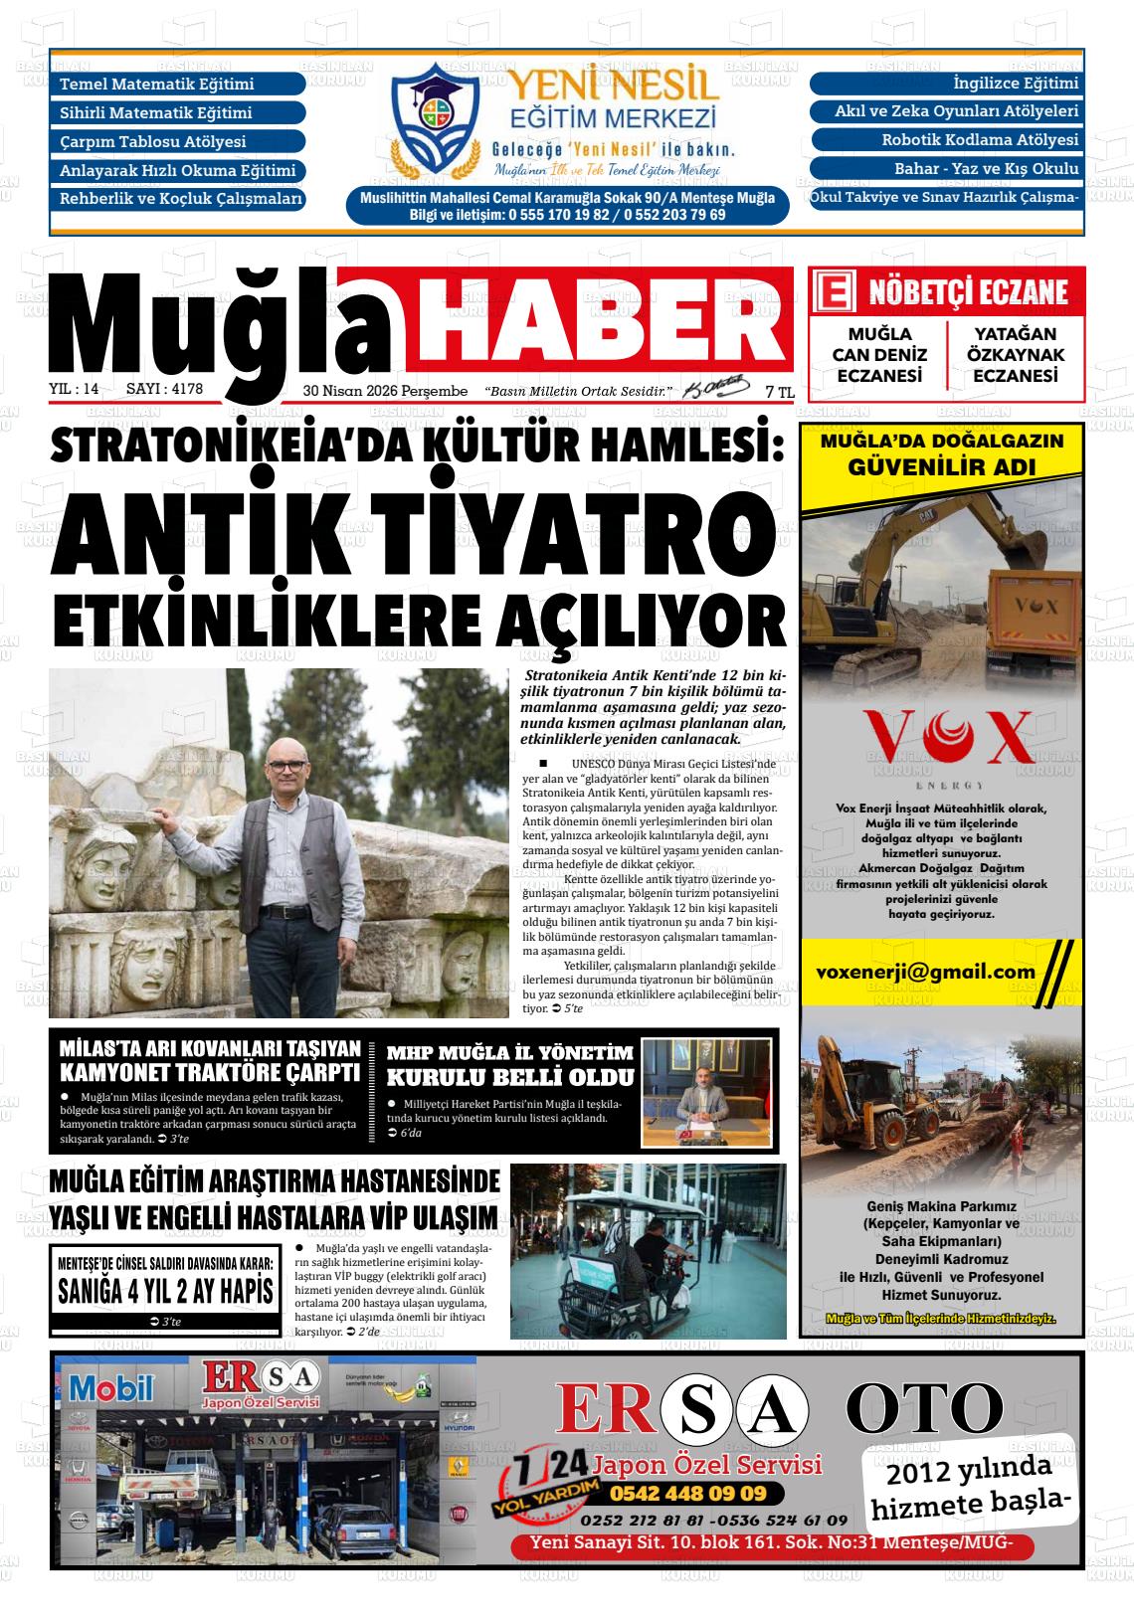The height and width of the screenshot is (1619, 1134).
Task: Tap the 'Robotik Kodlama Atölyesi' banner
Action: pyautogui.click(x=946, y=140)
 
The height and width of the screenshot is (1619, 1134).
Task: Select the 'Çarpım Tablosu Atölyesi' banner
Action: pyautogui.click(x=177, y=141)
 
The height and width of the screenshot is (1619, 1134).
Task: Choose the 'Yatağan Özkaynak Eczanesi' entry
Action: pyautogui.click(x=1014, y=355)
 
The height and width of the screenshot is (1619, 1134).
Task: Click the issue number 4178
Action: pyautogui.click(x=181, y=390)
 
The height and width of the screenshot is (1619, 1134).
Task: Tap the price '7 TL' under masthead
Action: pyautogui.click(x=780, y=393)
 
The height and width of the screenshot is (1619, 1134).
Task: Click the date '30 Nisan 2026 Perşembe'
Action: pyautogui.click(x=385, y=392)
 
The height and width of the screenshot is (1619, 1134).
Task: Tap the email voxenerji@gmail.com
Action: pyautogui.click(x=925, y=972)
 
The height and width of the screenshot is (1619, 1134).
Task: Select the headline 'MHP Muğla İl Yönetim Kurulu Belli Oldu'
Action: pyautogui.click(x=509, y=1065)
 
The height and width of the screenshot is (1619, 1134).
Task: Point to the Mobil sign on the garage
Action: pyautogui.click(x=110, y=1386)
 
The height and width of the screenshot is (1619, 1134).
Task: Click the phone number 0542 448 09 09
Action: pyautogui.click(x=687, y=1493)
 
